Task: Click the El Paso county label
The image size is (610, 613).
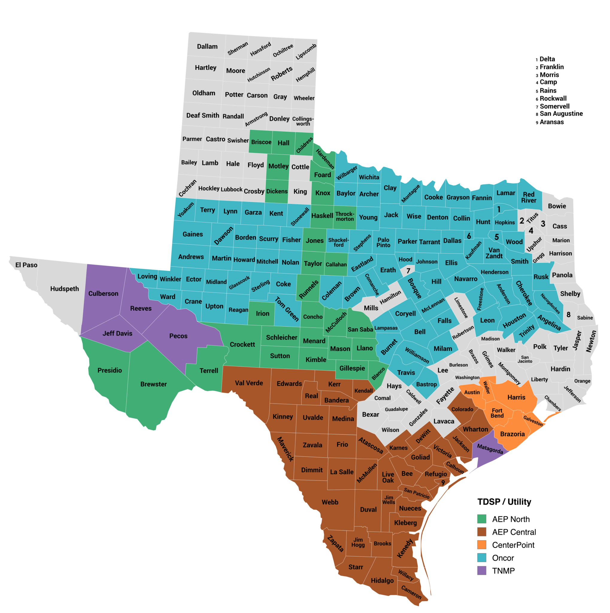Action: tap(26, 265)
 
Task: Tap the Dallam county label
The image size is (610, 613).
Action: tap(207, 47)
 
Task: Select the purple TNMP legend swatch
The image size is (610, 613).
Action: tap(482, 570)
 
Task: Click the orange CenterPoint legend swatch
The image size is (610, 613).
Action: tap(482, 545)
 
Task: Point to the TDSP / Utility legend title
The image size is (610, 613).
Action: tap(504, 502)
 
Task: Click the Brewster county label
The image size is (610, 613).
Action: tap(153, 384)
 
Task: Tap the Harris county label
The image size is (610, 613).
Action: tap(516, 397)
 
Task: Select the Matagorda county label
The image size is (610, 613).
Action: tap(490, 449)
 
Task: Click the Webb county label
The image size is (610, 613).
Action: tap(330, 502)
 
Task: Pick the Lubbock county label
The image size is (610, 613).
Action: tap(232, 189)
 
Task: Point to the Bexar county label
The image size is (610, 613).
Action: tap(371, 415)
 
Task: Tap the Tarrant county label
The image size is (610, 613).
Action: tap(430, 242)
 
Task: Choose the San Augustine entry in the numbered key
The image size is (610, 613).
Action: tap(561, 113)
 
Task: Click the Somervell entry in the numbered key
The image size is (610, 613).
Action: tap(555, 106)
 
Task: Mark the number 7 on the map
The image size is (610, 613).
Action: tap(408, 271)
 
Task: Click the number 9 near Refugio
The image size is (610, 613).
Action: tap(443, 482)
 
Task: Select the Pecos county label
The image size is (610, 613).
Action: tap(178, 336)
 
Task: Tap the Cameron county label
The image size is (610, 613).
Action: tap(411, 592)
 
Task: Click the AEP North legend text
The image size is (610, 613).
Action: tap(511, 519)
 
